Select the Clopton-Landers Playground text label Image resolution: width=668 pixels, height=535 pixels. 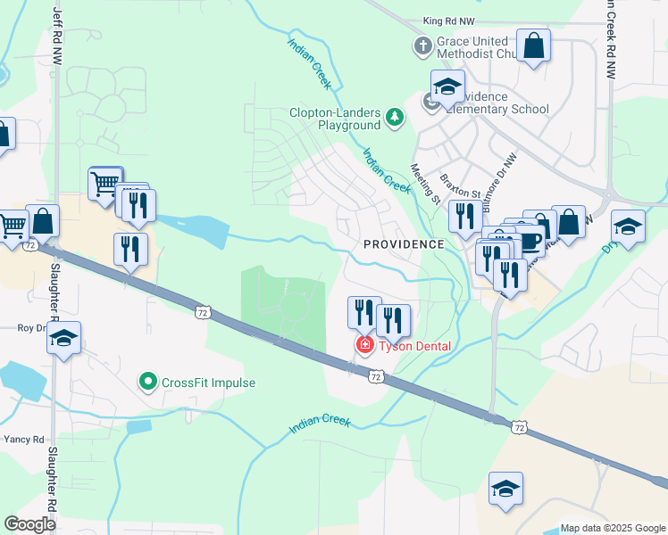tap(334, 119)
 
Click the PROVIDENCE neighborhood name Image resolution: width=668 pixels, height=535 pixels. tap(404, 243)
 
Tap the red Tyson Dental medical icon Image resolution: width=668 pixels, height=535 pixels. tap(364, 345)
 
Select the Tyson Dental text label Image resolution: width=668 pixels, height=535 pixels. tap(414, 346)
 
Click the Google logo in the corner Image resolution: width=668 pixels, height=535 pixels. tap(30, 523)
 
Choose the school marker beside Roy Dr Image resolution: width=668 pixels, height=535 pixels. tap(63, 337)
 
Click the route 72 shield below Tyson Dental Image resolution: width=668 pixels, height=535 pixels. tap(376, 378)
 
